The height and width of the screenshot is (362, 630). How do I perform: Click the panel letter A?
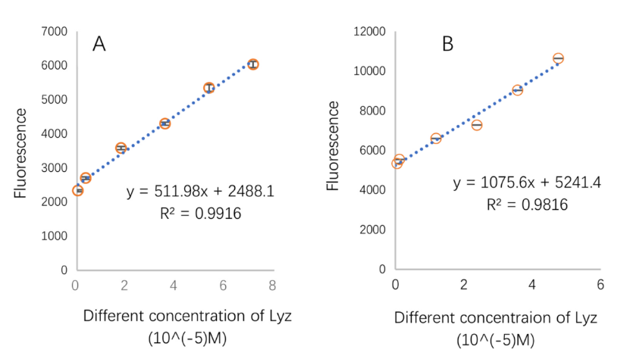point(99,43)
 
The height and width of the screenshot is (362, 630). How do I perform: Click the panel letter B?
point(447,44)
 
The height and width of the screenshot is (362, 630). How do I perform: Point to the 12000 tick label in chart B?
point(371,31)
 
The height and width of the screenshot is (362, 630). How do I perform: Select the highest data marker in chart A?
point(253,64)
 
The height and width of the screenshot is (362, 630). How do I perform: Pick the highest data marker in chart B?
point(558,58)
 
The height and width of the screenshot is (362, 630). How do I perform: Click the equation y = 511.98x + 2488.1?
point(200,191)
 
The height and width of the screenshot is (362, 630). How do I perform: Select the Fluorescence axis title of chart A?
point(21,154)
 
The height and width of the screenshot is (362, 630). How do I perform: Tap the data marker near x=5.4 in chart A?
point(208,88)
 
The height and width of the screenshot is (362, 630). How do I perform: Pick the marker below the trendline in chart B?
point(477,125)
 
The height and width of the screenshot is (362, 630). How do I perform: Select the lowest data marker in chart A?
point(78,190)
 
